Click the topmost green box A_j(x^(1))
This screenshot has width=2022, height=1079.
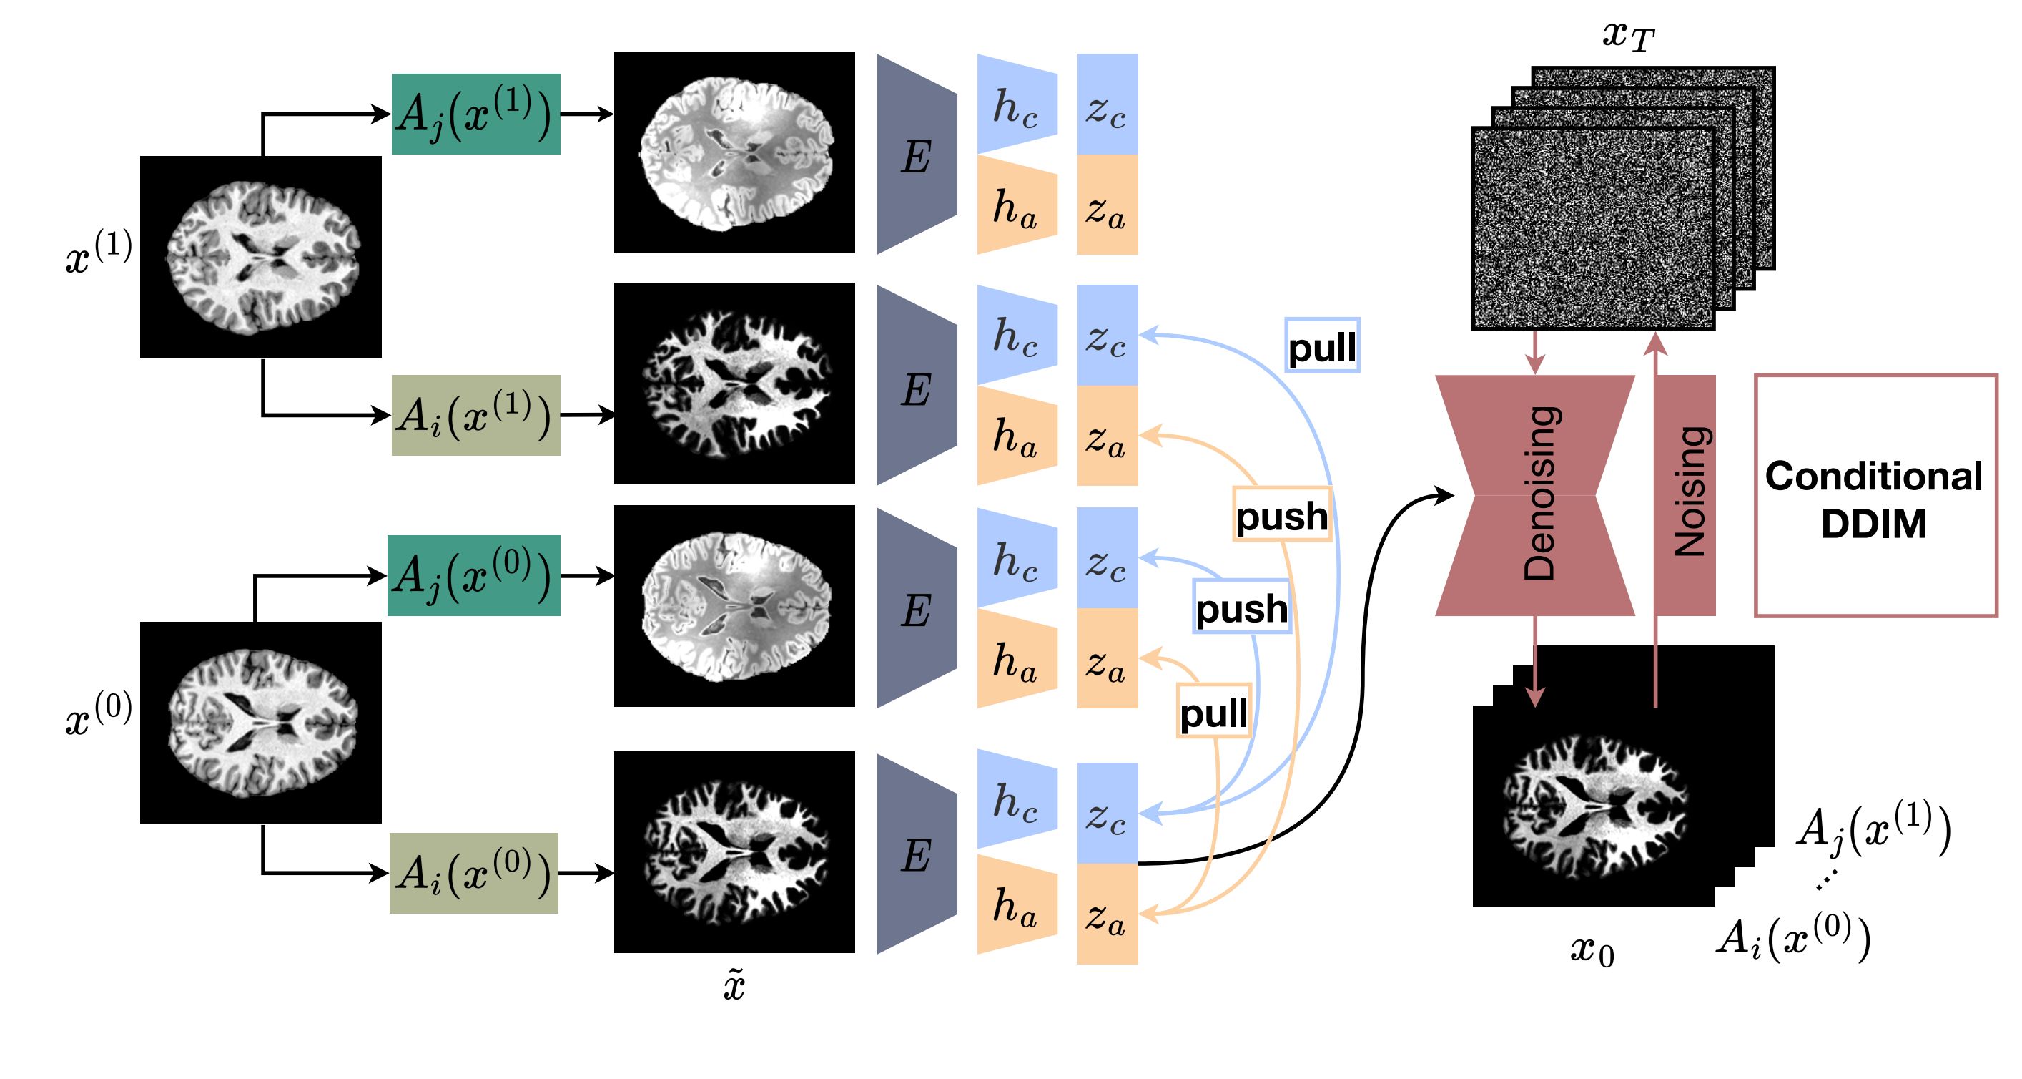[475, 114]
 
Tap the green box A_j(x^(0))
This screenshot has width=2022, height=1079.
[473, 575]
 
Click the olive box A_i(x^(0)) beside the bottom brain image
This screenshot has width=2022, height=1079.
[473, 872]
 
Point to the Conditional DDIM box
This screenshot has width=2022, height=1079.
[1875, 497]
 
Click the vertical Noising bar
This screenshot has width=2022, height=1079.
[1685, 494]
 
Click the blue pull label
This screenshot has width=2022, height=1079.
[1322, 346]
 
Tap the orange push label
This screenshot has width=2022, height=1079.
[1282, 514]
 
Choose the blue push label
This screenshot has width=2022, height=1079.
[1241, 606]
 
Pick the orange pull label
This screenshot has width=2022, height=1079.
[1213, 711]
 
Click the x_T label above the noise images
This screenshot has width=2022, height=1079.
[1629, 35]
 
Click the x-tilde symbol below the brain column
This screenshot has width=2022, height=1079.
[734, 984]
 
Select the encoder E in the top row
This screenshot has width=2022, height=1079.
[915, 155]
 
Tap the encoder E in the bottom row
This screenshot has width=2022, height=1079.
[915, 854]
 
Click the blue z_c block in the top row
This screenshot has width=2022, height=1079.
[1107, 104]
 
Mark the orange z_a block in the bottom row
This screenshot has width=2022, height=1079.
[1107, 914]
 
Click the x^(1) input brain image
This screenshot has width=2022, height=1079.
[260, 257]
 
